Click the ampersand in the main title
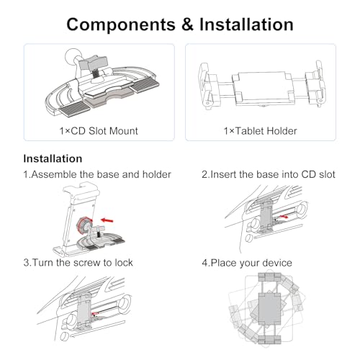click(187, 24)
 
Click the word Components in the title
click(121, 24)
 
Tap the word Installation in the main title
click(246, 24)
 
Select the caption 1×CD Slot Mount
click(99, 131)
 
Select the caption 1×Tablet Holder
click(261, 131)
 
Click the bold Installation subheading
click(53, 158)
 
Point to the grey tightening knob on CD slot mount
click(94, 63)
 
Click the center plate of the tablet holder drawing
click(262, 89)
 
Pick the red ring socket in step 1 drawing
click(83, 225)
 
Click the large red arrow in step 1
click(107, 220)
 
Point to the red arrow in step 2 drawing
click(284, 217)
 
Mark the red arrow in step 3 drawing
click(95, 312)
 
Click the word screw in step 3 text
click(87, 263)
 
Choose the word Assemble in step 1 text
click(54, 174)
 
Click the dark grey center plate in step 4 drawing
click(269, 309)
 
